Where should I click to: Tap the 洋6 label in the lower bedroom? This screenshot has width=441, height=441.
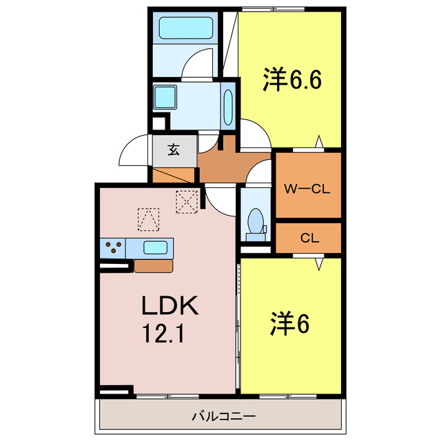[289, 322]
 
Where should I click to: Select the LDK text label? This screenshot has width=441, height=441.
[170, 306]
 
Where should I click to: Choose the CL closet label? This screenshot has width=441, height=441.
[309, 238]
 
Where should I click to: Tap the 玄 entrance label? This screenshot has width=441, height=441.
[174, 150]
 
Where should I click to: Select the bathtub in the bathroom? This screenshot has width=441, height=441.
[187, 28]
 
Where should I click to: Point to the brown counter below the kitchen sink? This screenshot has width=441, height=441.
[153, 266]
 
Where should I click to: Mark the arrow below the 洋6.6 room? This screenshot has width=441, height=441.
[318, 143]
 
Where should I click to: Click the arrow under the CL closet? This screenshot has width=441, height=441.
[318, 263]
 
